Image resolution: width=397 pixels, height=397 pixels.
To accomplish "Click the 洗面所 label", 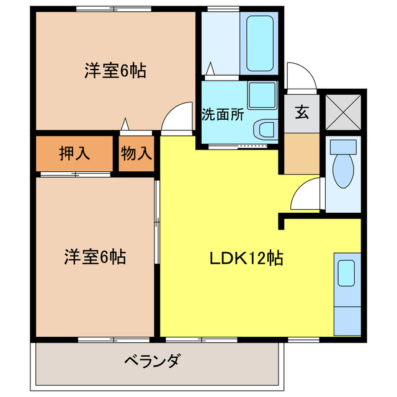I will pos(222,115).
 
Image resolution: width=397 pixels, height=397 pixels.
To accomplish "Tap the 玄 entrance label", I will pos(301,113).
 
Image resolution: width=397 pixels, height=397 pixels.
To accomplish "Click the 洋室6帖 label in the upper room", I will pos(115,71).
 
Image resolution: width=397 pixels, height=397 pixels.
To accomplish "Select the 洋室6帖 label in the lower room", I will pos(95,257).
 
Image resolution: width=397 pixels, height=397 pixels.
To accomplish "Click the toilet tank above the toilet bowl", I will pos(342,147).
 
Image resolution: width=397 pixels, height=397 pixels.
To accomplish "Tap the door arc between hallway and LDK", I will pos(305,195).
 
